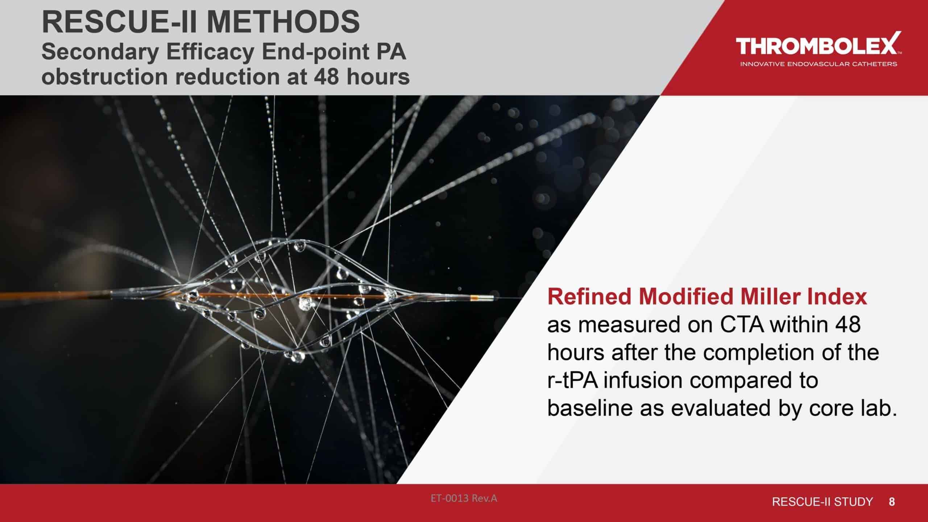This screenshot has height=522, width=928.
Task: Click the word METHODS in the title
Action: pos(283,22)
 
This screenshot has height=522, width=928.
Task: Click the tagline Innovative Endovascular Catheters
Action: pos(818,64)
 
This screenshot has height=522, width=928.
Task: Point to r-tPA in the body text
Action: pos(572,381)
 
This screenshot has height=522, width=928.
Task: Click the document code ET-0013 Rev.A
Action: pos(464,499)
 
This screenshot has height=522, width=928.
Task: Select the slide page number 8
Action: pos(892,502)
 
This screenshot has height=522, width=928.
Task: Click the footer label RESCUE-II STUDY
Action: pos(823,502)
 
